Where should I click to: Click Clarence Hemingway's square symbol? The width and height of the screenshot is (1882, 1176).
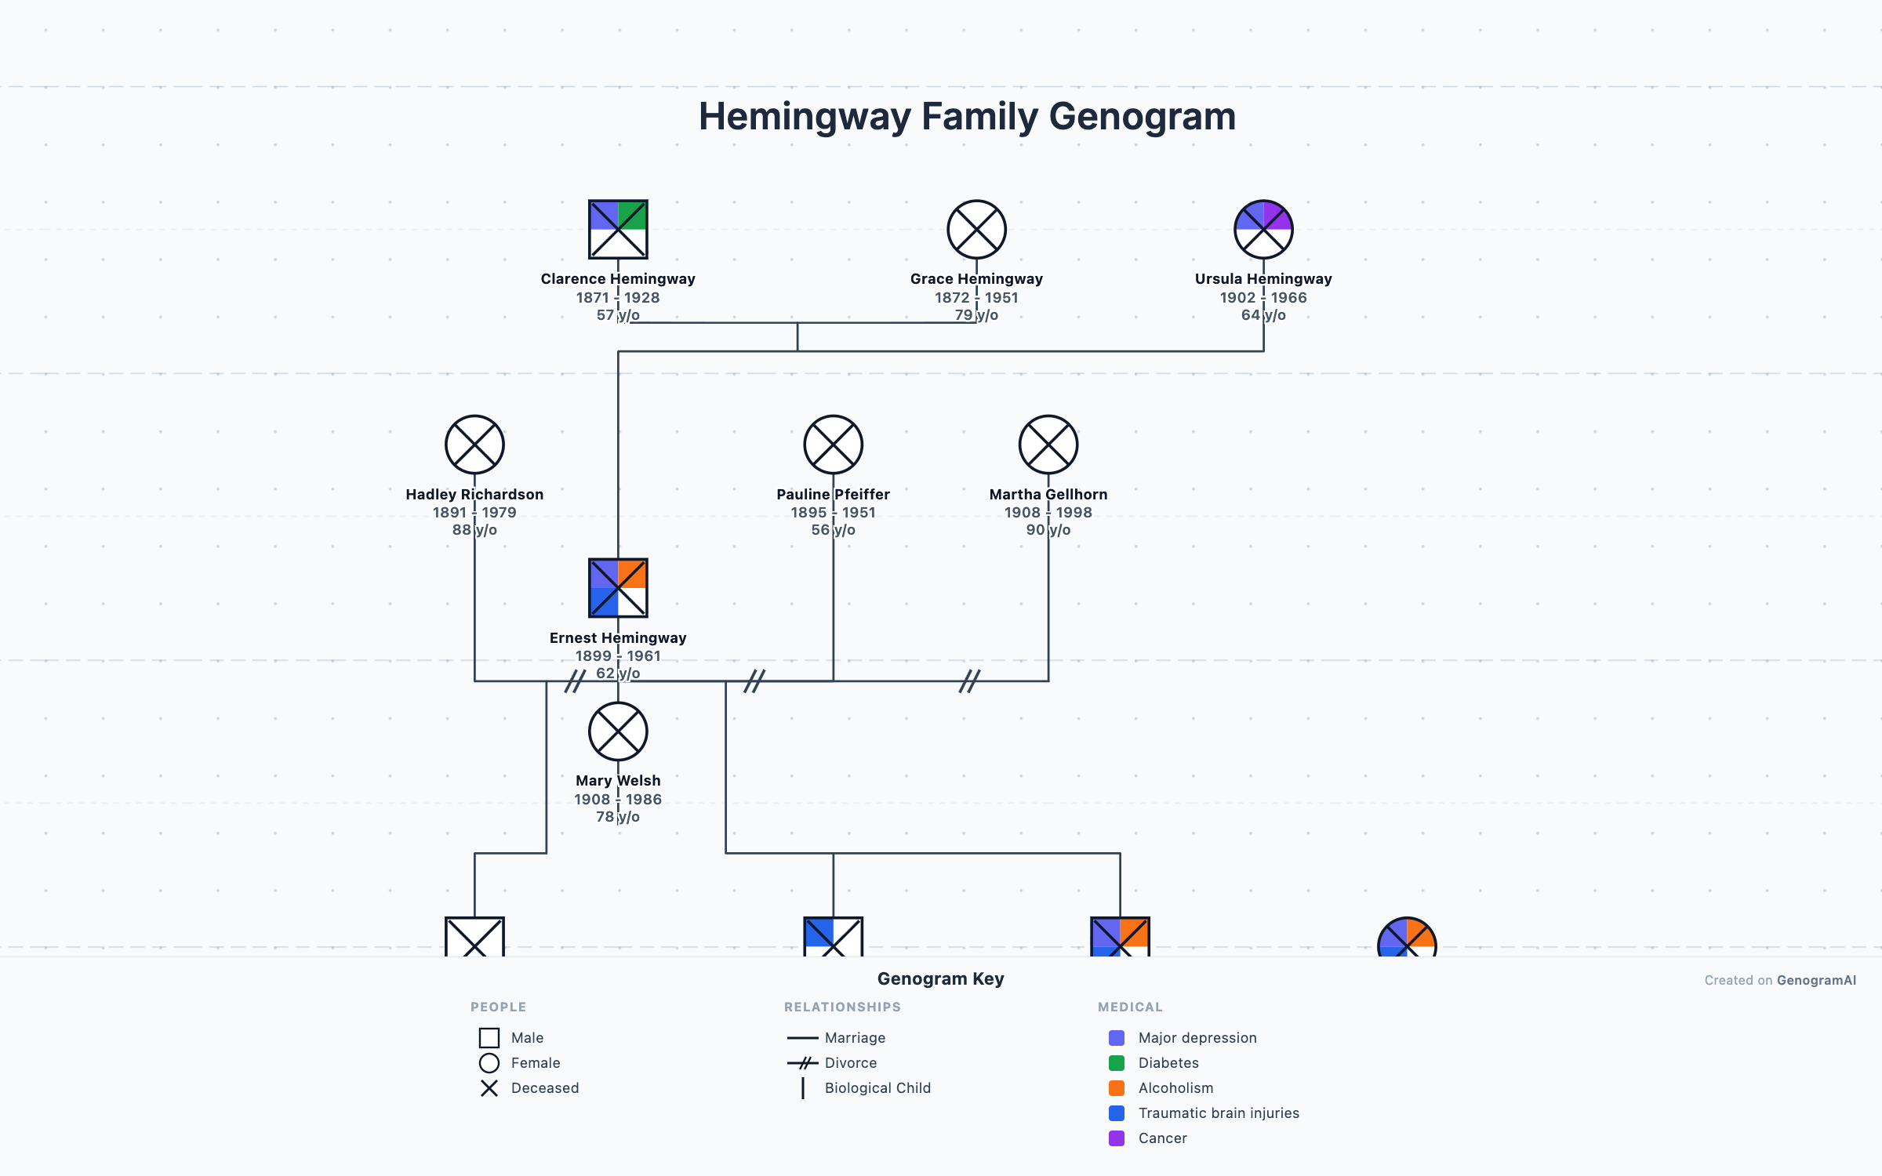tap(618, 229)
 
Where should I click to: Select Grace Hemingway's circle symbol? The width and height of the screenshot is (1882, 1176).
tap(976, 229)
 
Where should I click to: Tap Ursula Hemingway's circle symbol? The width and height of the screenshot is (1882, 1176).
tap(1263, 229)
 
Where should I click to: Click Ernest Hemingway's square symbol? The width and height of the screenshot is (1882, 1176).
tap(618, 588)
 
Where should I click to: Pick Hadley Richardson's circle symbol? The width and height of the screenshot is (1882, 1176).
tap(474, 445)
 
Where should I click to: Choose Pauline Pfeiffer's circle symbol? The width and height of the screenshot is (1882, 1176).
tap(833, 445)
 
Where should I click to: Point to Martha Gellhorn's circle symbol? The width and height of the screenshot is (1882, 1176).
tap(1048, 445)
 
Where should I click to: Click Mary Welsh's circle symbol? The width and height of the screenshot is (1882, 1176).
tap(618, 731)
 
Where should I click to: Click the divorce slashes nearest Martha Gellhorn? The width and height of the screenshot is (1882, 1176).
tap(969, 681)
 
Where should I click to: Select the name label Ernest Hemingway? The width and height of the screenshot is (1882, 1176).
tap(618, 637)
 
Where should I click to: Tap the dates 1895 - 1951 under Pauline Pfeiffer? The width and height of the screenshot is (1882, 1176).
tap(833, 512)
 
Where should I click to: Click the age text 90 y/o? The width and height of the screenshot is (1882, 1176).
tap(1048, 530)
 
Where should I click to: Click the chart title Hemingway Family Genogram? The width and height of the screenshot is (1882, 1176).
tap(967, 116)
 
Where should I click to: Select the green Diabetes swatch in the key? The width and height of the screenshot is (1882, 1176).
tap(1117, 1063)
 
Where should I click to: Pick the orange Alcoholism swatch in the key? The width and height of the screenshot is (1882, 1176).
tap(1117, 1088)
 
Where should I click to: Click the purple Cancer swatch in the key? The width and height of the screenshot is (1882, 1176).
tap(1117, 1138)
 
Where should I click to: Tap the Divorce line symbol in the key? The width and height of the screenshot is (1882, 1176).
tap(802, 1063)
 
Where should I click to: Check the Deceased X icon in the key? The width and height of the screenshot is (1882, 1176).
tap(489, 1088)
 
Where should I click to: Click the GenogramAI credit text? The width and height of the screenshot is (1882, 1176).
tap(1779, 980)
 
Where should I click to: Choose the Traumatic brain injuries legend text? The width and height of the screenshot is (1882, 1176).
tap(1218, 1113)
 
